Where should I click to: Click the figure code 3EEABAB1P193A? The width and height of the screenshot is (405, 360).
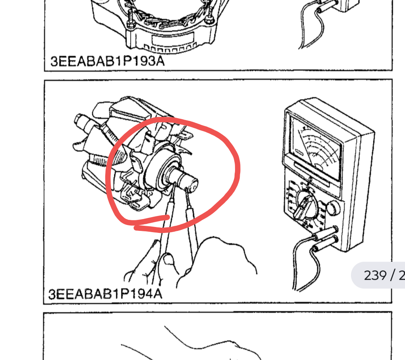coord(107,61)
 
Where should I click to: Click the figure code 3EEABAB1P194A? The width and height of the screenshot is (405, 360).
coord(105,294)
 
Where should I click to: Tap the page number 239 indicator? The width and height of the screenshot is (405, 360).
coord(375,276)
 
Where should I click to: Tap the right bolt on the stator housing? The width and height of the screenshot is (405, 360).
coord(210,15)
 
